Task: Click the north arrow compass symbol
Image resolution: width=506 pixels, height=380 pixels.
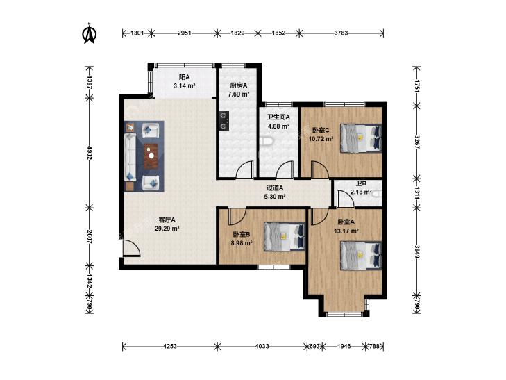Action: click(90, 33)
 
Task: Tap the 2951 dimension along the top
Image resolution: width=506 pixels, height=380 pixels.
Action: click(184, 33)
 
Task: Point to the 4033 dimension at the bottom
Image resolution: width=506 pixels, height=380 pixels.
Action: click(262, 347)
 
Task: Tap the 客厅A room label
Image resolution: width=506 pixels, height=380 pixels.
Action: click(167, 220)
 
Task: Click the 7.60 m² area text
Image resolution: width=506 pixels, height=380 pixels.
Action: click(239, 94)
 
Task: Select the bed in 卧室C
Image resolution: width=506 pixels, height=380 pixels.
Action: click(361, 138)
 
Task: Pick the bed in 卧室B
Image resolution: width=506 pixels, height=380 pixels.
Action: click(285, 236)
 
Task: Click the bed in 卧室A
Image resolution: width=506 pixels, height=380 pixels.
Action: click(361, 256)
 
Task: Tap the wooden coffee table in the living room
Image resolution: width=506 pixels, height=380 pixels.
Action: click(151, 156)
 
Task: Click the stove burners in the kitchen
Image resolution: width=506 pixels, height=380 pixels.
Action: click(224, 120)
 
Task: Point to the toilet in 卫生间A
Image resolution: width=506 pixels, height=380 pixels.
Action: click(267, 141)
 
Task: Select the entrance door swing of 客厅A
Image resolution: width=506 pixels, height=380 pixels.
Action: click(131, 248)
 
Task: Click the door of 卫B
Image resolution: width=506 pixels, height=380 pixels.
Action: click(345, 198)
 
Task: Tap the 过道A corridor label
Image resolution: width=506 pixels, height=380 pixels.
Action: click(275, 188)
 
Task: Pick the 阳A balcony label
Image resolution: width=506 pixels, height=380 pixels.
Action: click(184, 77)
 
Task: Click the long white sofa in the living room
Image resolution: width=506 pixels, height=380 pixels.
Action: click(130, 158)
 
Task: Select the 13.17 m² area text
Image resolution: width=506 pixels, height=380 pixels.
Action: click(346, 231)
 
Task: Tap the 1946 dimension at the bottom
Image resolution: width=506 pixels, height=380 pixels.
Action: click(344, 347)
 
